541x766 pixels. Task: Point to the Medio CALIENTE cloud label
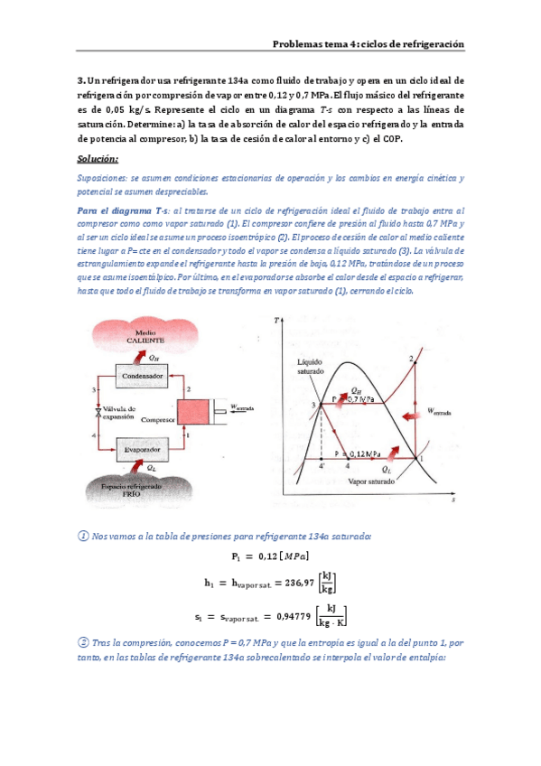click(138, 338)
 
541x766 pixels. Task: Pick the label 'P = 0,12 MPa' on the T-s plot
click(357, 452)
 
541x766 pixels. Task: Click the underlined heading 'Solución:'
click(98, 159)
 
